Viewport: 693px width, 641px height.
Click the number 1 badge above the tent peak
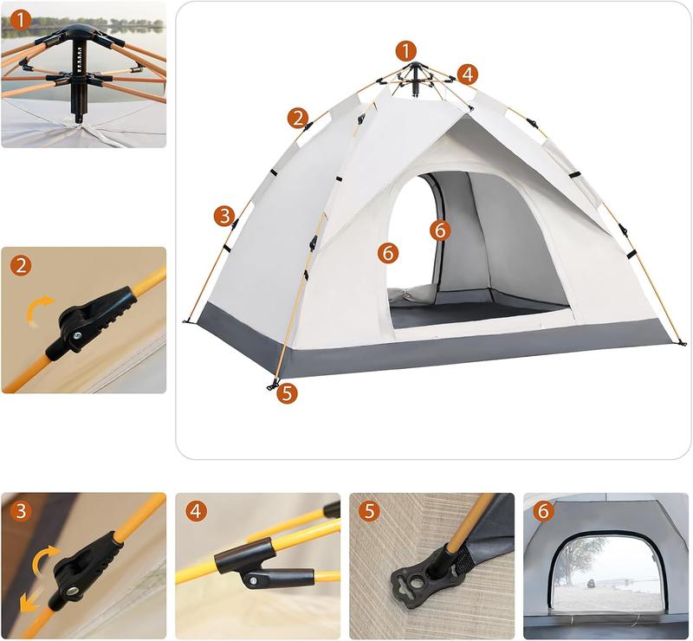point(405,50)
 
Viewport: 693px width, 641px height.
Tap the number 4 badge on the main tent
point(468,74)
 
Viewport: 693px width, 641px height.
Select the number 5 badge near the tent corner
point(287,392)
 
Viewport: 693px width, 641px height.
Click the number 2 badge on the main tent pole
point(298,117)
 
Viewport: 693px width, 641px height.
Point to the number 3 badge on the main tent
point(224,215)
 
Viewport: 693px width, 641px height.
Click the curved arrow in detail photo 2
point(39,308)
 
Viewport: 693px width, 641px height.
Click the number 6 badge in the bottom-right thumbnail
point(543,511)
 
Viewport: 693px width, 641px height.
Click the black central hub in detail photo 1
point(80,69)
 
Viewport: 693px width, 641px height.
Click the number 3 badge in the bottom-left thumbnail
point(21,511)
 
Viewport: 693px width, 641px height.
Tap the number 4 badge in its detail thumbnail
point(196,511)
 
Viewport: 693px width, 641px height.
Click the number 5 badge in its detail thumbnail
point(370,511)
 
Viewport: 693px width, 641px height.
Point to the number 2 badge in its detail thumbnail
point(21,265)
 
